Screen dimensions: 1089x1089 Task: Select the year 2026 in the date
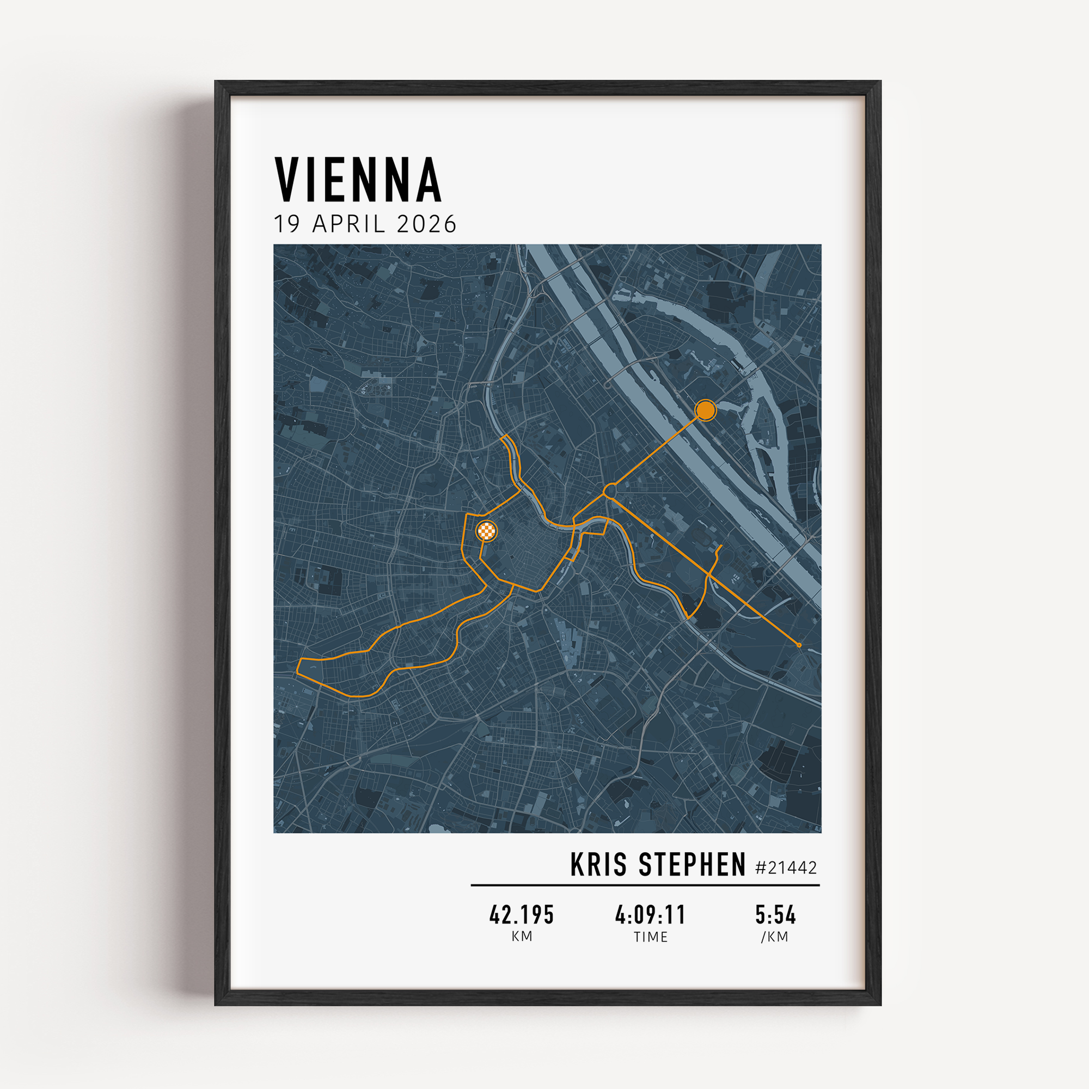tap(427, 224)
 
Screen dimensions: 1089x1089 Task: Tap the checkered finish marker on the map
tap(487, 530)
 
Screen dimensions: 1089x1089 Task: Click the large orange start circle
tap(705, 410)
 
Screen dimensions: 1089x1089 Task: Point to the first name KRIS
tap(598, 865)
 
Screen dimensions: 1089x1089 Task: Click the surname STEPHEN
tap(692, 865)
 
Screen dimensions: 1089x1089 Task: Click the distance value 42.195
tap(522, 915)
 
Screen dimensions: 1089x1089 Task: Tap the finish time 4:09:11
tap(651, 915)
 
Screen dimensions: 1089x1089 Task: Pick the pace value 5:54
tap(775, 915)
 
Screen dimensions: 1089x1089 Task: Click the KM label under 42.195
tap(522, 936)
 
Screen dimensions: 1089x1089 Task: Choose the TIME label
tap(651, 937)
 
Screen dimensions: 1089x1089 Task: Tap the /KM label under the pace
tap(775, 937)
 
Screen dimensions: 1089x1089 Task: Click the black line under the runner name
tap(645, 885)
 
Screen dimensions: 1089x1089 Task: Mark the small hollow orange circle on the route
tap(610, 490)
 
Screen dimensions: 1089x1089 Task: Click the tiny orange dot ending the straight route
tap(799, 645)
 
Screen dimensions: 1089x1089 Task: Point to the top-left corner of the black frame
tap(217, 83)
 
